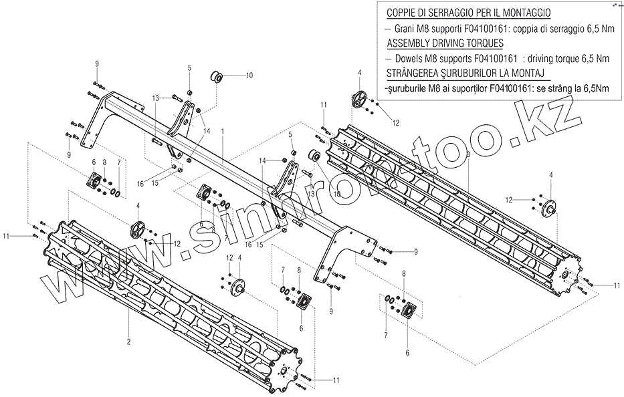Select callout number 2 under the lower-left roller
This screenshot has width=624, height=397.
(x=128, y=342)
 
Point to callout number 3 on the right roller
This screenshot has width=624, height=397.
(x=468, y=154)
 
